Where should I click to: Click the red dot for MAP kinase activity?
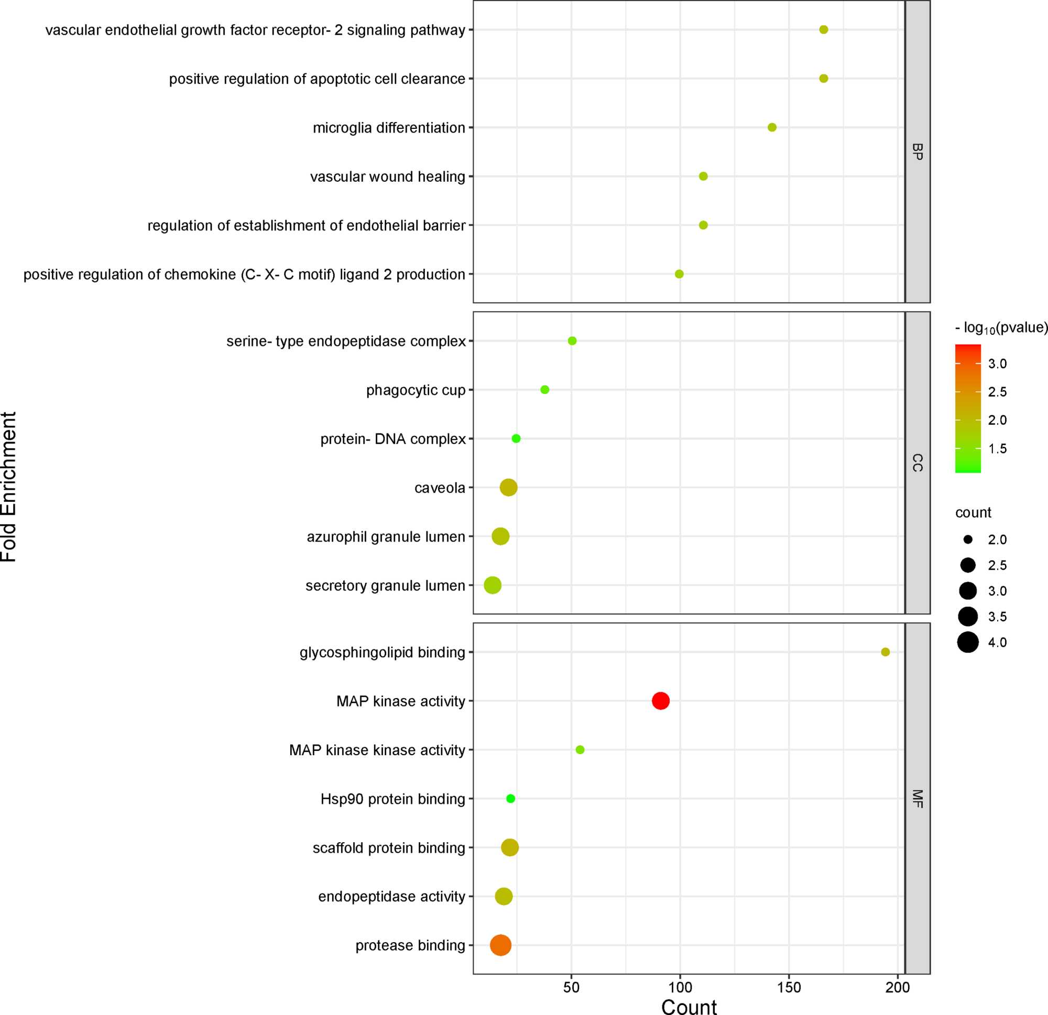(660, 701)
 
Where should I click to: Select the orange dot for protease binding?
(500, 945)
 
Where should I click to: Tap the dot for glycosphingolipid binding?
(886, 652)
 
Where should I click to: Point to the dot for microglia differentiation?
(772, 127)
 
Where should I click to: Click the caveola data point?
(508, 488)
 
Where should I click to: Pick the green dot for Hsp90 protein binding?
(510, 799)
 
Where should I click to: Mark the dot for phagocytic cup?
(545, 390)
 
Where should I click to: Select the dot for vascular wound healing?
(703, 176)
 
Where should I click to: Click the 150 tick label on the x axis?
(789, 987)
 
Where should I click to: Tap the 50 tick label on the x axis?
(571, 987)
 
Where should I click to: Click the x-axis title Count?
(689, 1007)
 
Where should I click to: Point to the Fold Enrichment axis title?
(9, 487)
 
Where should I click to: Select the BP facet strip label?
(918, 152)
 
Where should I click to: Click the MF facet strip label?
(918, 799)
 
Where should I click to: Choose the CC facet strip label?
(918, 463)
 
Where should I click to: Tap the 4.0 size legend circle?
(968, 643)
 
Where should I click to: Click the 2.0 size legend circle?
(968, 540)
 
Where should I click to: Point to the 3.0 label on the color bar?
(997, 364)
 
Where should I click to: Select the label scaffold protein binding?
(389, 848)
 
